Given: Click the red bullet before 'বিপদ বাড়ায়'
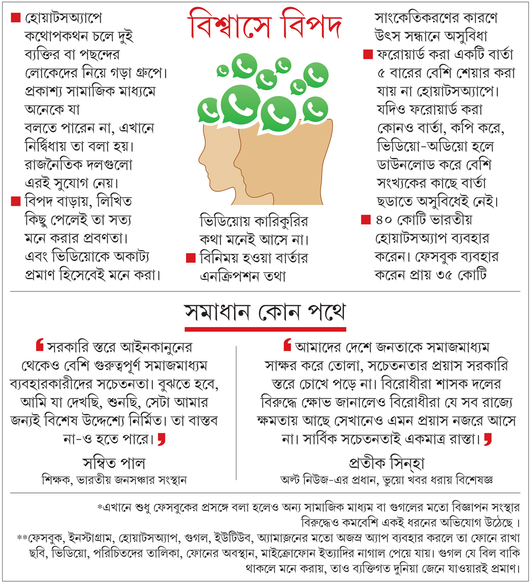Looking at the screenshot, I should [15, 201].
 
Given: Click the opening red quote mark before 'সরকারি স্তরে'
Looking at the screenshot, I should [39, 346].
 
